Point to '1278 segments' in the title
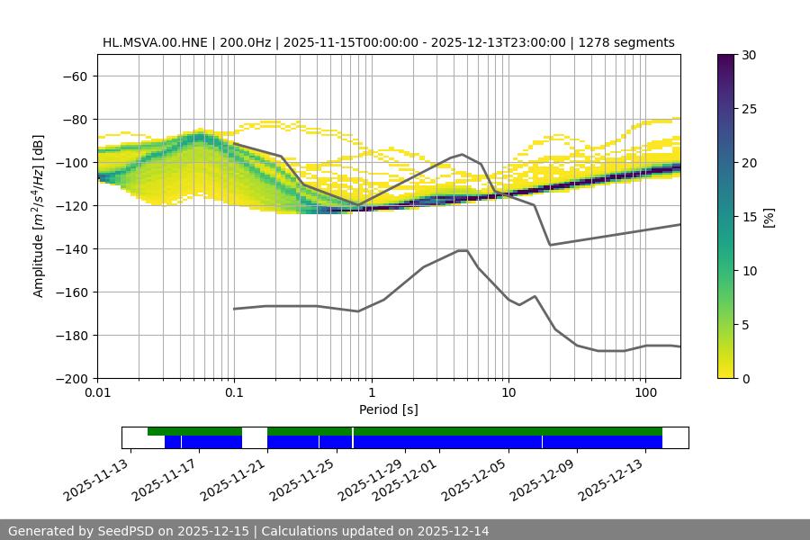pyautogui.click(x=626, y=42)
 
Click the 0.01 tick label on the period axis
pyautogui.click(x=97, y=393)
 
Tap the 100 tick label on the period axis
pyautogui.click(x=645, y=393)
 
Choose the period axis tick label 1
pyautogui.click(x=371, y=393)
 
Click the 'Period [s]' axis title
pyautogui.click(x=389, y=409)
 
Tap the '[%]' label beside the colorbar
pyautogui.click(x=769, y=217)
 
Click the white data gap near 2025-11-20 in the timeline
pyautogui.click(x=255, y=437)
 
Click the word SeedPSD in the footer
pyautogui.click(x=132, y=531)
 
